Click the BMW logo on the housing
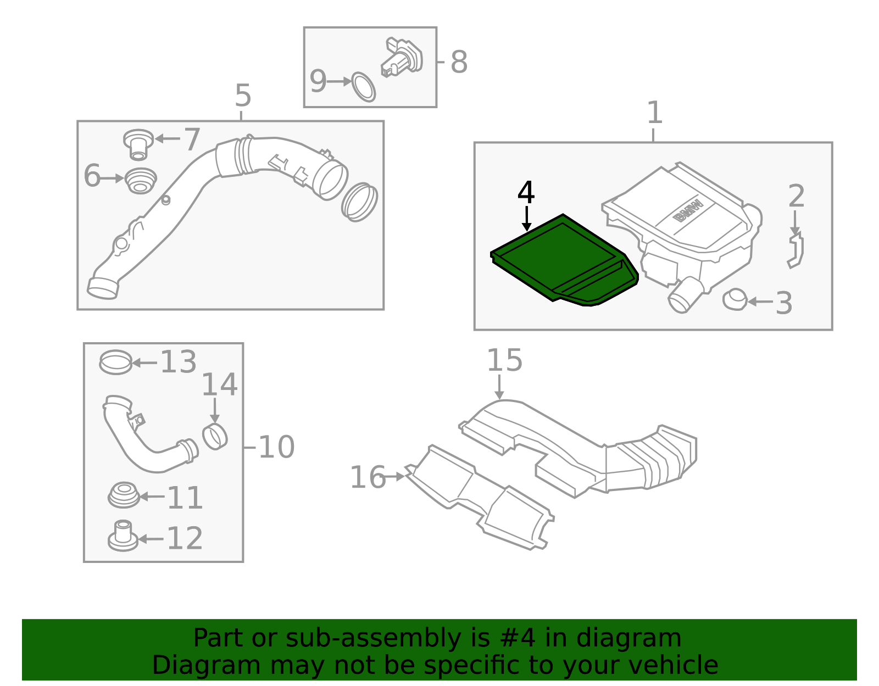pyautogui.click(x=688, y=210)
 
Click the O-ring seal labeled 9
pyautogui.click(x=364, y=87)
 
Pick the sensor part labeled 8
pyautogui.click(x=402, y=57)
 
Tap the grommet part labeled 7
pyautogui.click(x=138, y=144)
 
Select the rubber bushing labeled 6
pyautogui.click(x=140, y=181)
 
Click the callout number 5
pyautogui.click(x=243, y=96)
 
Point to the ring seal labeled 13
pyautogui.click(x=116, y=362)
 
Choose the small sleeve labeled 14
pyautogui.click(x=215, y=437)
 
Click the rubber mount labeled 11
pyautogui.click(x=124, y=495)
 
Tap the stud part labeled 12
pyautogui.click(x=123, y=536)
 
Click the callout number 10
pyautogui.click(x=276, y=447)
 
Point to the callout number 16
pyautogui.click(x=368, y=477)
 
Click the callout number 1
pyautogui.click(x=655, y=113)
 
